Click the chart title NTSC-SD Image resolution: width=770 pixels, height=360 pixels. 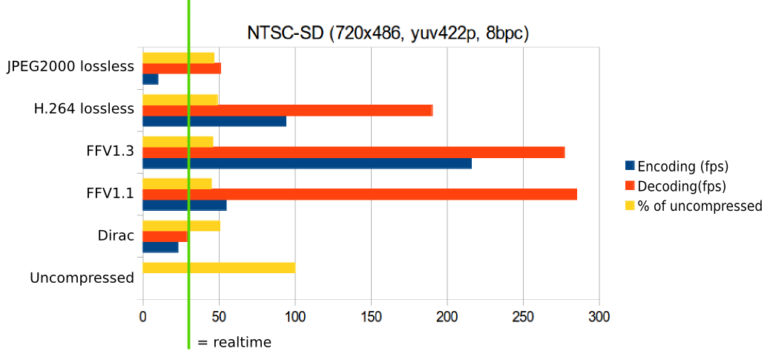(x=387, y=33)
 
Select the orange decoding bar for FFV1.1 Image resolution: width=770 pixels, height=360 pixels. (x=359, y=194)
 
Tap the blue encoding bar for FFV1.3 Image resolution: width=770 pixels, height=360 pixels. (x=306, y=163)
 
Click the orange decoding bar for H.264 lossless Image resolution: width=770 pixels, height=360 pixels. (x=287, y=111)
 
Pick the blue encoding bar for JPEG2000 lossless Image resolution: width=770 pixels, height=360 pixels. (x=150, y=79)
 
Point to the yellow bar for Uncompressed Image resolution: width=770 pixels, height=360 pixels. (x=218, y=268)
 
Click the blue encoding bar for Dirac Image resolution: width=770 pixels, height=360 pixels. (x=160, y=247)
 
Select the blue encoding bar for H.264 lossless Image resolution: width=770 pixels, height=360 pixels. (x=214, y=121)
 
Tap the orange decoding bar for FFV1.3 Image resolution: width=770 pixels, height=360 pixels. (x=353, y=152)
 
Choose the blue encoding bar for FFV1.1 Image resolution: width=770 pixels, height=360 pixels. (x=184, y=205)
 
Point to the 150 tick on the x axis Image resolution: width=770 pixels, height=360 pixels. (x=371, y=317)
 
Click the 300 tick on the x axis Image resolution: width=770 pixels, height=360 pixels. (x=599, y=317)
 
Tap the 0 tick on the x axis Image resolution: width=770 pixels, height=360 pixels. (x=142, y=317)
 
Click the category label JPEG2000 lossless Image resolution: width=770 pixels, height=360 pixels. (x=70, y=67)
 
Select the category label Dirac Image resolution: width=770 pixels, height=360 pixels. (x=116, y=236)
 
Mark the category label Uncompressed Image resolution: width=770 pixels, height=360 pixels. (x=82, y=278)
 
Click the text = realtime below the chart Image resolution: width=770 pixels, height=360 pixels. (x=234, y=342)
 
